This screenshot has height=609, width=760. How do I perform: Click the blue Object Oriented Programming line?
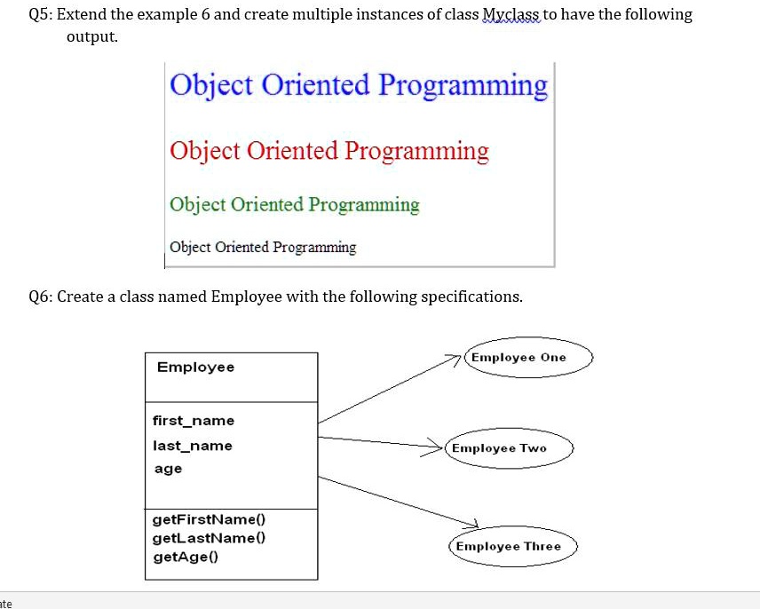coord(359,86)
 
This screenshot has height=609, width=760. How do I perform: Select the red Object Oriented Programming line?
coord(329,152)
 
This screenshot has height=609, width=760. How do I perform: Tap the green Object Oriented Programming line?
coord(295,205)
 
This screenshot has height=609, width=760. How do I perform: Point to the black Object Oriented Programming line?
coord(263,247)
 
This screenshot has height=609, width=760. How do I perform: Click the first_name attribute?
coord(194,421)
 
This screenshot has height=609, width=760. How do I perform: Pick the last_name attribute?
coord(193,446)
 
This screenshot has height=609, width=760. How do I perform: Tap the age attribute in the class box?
coord(168,469)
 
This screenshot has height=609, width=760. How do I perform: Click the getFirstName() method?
coord(209,519)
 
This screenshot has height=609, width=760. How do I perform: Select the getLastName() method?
coord(209,538)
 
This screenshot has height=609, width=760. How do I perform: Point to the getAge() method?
coord(186,557)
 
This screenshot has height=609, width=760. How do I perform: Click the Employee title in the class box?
coord(195,368)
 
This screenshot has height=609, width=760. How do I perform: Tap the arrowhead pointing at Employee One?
coord(455,358)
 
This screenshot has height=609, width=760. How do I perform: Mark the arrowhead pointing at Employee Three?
coord(473,524)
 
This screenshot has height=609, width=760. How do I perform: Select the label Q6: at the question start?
coord(41,297)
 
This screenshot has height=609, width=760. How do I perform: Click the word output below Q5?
coord(92,36)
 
